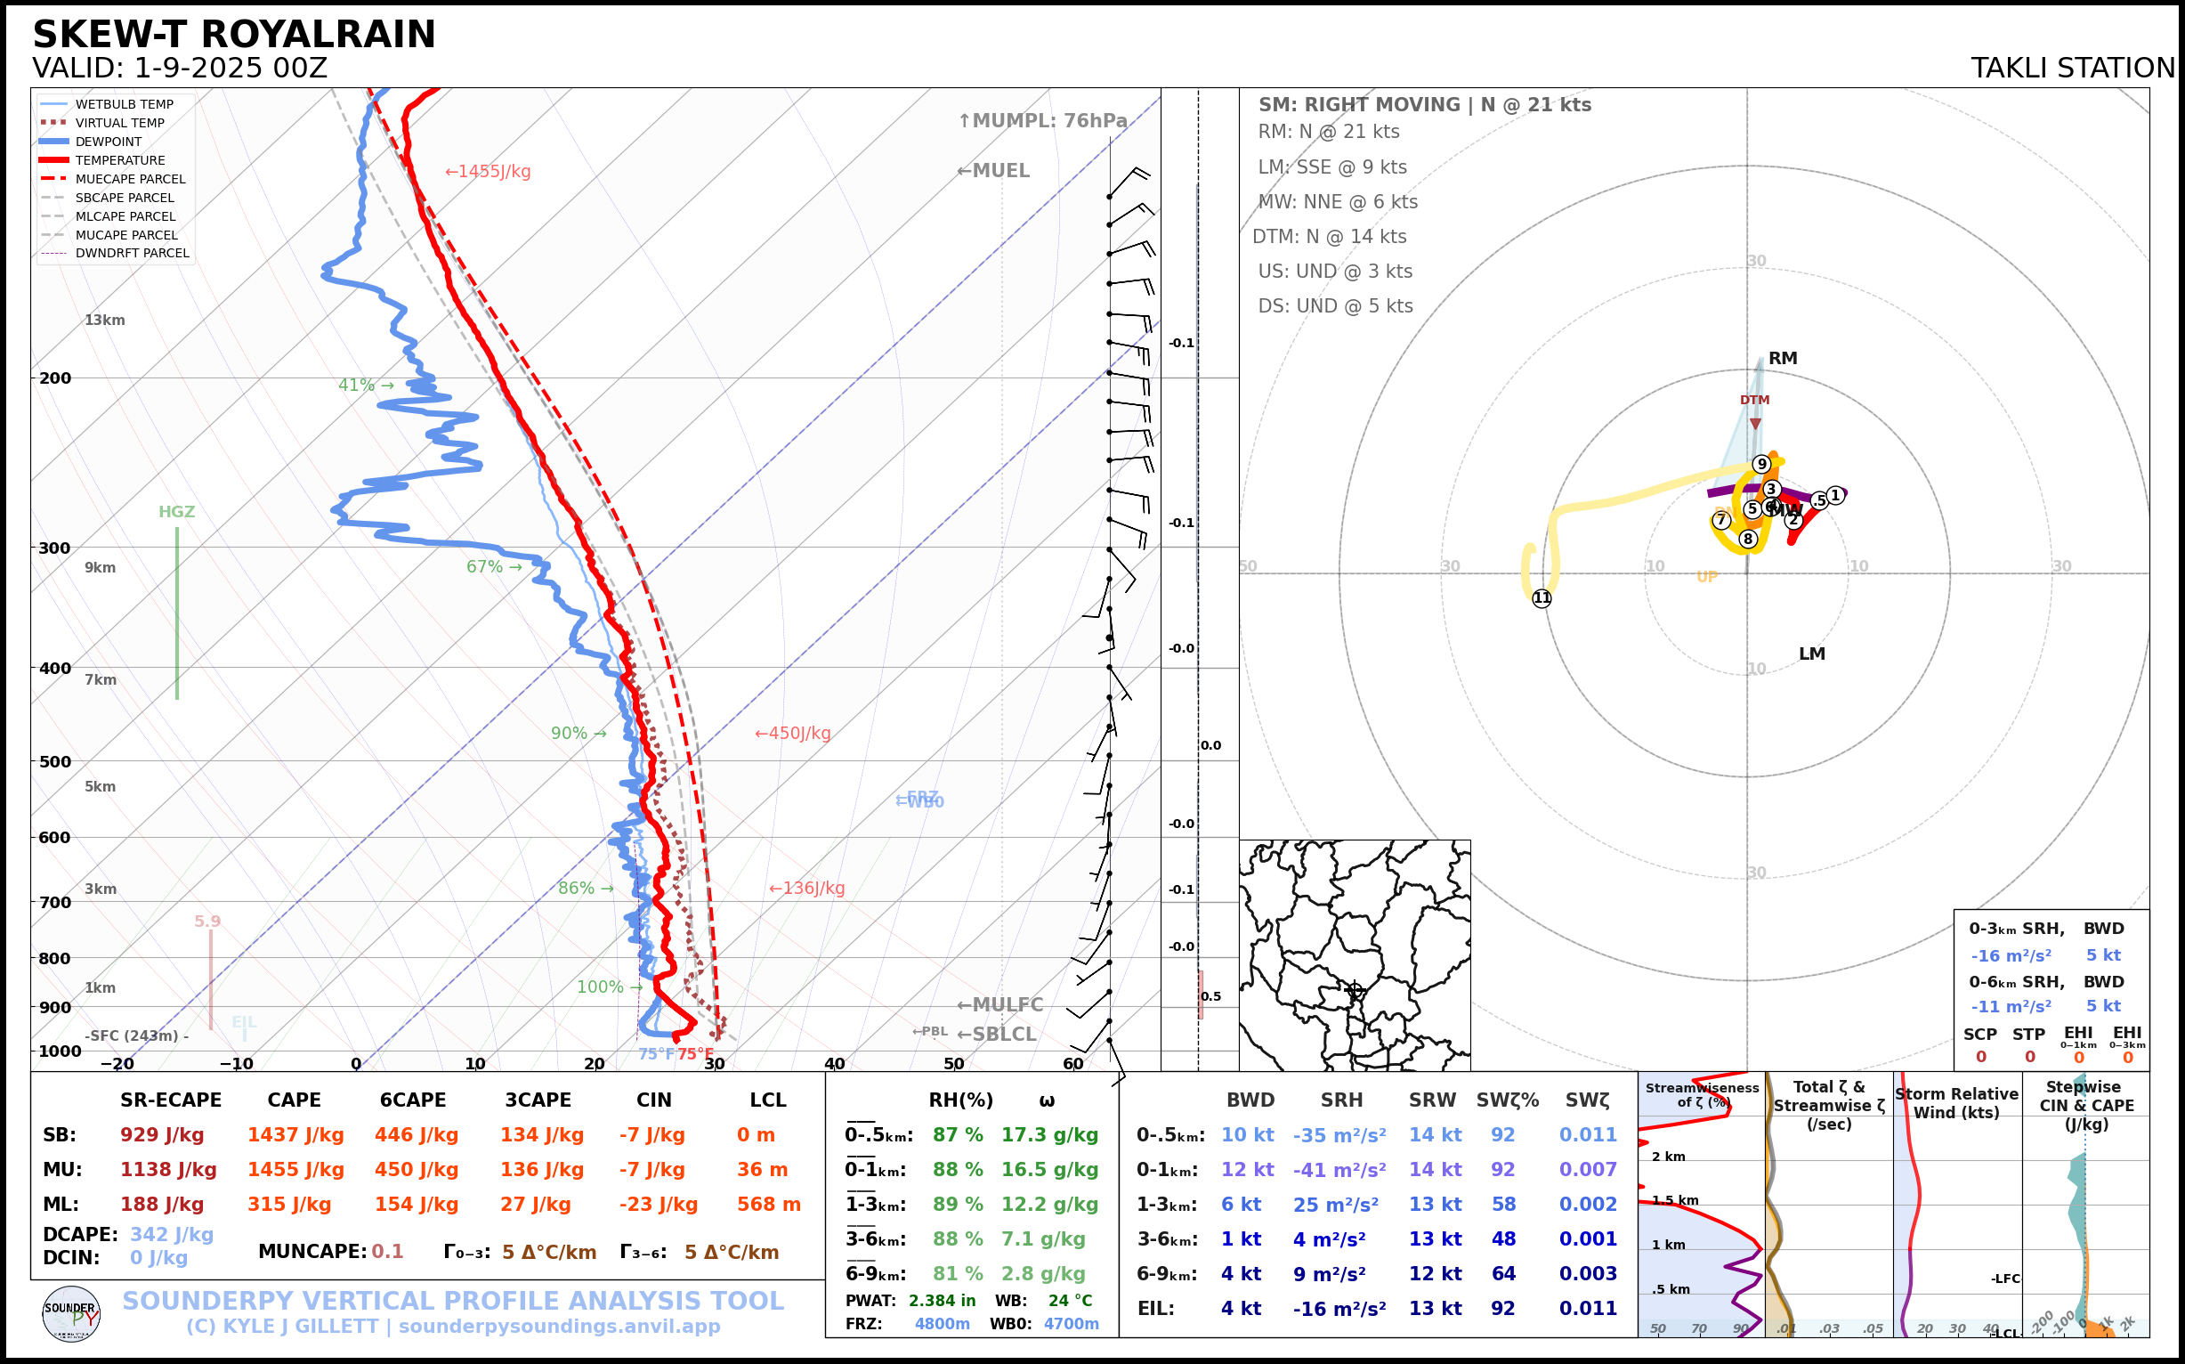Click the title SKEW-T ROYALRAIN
[x=233, y=35]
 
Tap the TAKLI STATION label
[x=2072, y=69]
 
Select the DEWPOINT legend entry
[x=109, y=142]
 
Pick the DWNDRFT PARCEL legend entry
[x=132, y=254]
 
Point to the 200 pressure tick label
[x=55, y=378]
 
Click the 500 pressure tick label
[x=55, y=761]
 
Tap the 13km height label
[x=105, y=321]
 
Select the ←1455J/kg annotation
[x=488, y=172]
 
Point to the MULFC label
[x=1000, y=1005]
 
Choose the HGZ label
[x=177, y=511]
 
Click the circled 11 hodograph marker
[x=1542, y=598]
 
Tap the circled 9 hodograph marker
[x=1761, y=465]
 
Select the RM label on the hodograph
[x=1783, y=358]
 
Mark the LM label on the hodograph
[x=1812, y=654]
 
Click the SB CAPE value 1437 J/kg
[x=295, y=1135]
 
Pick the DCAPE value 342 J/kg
[x=172, y=1234]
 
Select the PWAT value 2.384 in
[x=942, y=1301]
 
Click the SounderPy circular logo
[x=71, y=1314]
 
